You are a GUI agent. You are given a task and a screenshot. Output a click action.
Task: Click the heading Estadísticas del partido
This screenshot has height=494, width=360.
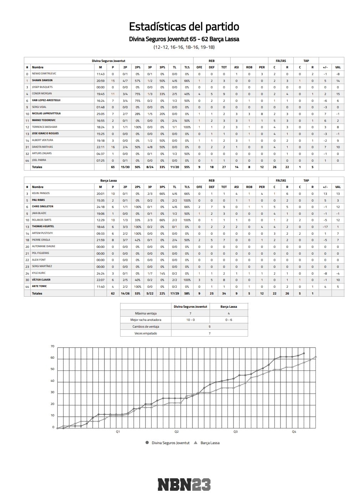pos(184,27)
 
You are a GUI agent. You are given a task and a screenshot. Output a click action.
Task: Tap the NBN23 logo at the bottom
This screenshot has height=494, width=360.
pos(184,484)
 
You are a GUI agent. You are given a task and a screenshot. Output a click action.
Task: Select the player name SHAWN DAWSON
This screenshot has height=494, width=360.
pos(42,80)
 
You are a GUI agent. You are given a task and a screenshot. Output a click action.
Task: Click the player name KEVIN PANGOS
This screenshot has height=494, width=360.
pos(41,193)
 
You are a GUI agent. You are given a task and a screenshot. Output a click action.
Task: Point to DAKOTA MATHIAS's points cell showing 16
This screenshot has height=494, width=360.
pos(113,147)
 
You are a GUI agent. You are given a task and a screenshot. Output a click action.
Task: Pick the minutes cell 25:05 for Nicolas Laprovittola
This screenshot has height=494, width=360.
pos(101,114)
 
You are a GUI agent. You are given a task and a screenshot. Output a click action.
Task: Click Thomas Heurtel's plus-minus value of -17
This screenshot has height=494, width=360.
pos(325,227)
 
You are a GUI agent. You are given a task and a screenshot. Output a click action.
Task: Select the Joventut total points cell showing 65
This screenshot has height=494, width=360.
pos(113,167)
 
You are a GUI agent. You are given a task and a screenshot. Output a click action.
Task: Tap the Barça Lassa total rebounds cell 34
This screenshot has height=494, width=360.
pos(224,293)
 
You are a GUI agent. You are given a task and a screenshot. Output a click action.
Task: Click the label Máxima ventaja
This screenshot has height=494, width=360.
pos(145,313)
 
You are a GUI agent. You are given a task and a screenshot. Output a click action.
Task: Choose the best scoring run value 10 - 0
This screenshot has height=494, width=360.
pos(190,320)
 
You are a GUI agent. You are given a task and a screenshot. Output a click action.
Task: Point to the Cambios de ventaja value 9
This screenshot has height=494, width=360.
pos(210,327)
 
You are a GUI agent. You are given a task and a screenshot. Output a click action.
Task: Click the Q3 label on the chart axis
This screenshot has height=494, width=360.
pos(235,432)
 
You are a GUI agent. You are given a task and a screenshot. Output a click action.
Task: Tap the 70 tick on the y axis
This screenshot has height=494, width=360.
pos(52,346)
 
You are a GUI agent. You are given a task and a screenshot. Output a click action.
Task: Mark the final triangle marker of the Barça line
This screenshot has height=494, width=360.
pos(315,357)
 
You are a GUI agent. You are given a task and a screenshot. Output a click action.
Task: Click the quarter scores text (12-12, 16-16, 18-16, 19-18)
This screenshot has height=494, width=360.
pos(184,47)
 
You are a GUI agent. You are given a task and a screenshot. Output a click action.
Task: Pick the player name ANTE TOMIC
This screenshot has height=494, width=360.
pos(39,286)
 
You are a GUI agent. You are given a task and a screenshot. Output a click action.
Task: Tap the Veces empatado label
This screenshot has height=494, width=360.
pos(145,333)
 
